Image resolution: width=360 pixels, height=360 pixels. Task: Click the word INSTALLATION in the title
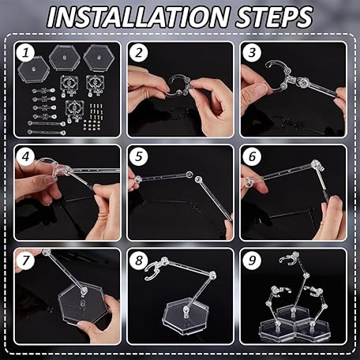point(137,17)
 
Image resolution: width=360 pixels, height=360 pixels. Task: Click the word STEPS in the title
point(275,17)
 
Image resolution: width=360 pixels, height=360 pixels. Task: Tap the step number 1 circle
point(25,53)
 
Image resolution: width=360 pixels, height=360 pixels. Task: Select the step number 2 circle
point(139,53)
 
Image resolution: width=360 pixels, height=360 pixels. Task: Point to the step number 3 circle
point(252,53)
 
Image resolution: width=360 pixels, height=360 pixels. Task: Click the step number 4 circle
point(25,157)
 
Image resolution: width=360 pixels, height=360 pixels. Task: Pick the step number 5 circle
point(139,157)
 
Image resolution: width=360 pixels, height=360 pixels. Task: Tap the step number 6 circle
point(252,157)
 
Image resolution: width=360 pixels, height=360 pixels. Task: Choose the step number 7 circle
point(25,261)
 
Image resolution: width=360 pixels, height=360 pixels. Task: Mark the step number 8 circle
point(139,261)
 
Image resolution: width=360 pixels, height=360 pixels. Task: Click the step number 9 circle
point(252,261)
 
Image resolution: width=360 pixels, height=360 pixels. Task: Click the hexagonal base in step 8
point(186,320)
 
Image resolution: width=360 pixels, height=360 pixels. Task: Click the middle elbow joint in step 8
point(212,276)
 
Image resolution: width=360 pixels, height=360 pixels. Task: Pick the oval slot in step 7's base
point(82,303)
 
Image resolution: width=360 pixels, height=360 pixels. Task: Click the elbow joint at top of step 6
point(317,165)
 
